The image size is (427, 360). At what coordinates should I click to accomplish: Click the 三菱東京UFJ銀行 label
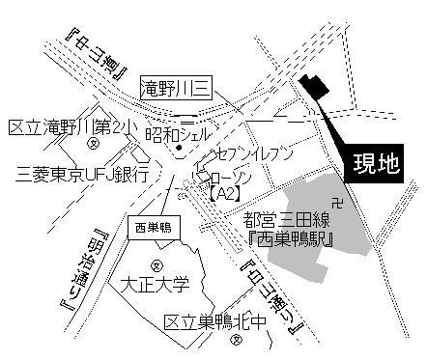pyautogui.click(x=83, y=174)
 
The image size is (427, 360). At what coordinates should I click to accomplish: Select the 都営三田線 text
pyautogui.click(x=287, y=221)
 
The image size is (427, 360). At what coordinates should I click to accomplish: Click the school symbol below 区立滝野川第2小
pyautogui.click(x=93, y=146)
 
